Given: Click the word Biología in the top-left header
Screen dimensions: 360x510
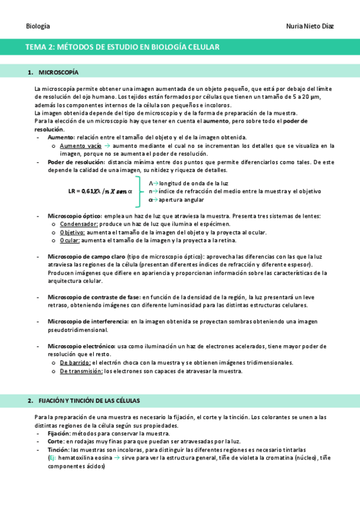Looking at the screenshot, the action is [x=38, y=26].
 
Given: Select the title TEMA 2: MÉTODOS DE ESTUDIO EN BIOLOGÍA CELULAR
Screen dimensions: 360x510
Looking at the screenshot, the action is [x=122, y=46].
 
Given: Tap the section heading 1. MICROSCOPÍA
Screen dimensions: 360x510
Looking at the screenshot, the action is [x=53, y=73].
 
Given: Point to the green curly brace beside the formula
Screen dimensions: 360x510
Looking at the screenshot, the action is [x=140, y=191].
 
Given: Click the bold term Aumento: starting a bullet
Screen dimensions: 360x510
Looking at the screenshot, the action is [x=61, y=138].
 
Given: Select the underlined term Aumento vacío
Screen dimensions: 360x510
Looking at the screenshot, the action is [x=81, y=146].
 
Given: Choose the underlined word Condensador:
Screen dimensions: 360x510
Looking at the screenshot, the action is [x=80, y=224].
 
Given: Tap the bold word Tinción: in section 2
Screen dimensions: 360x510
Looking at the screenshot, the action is [x=58, y=449].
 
